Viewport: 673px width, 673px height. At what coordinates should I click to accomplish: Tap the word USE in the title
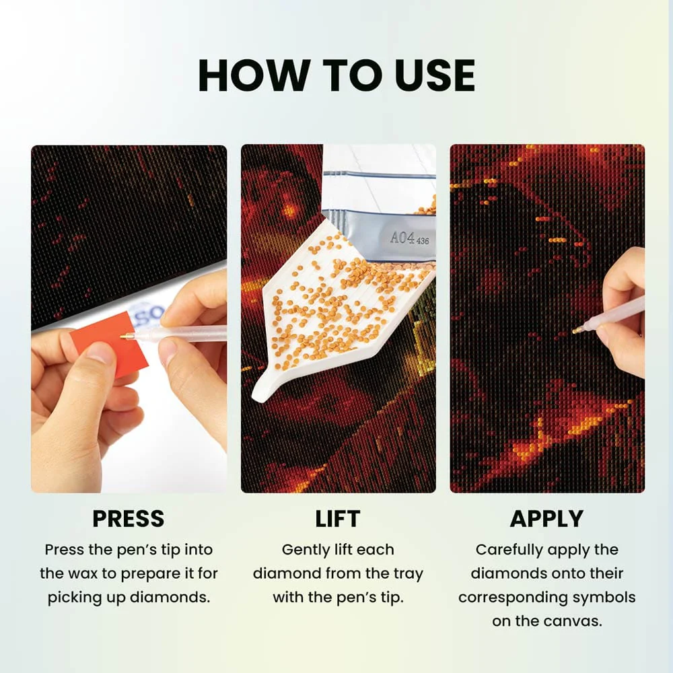434,75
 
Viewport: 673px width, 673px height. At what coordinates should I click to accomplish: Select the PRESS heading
129,518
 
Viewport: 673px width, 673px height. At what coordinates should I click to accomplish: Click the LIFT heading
338,518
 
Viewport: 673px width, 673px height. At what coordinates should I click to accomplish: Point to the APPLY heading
546,518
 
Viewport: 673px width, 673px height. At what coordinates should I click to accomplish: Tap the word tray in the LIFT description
409,574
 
